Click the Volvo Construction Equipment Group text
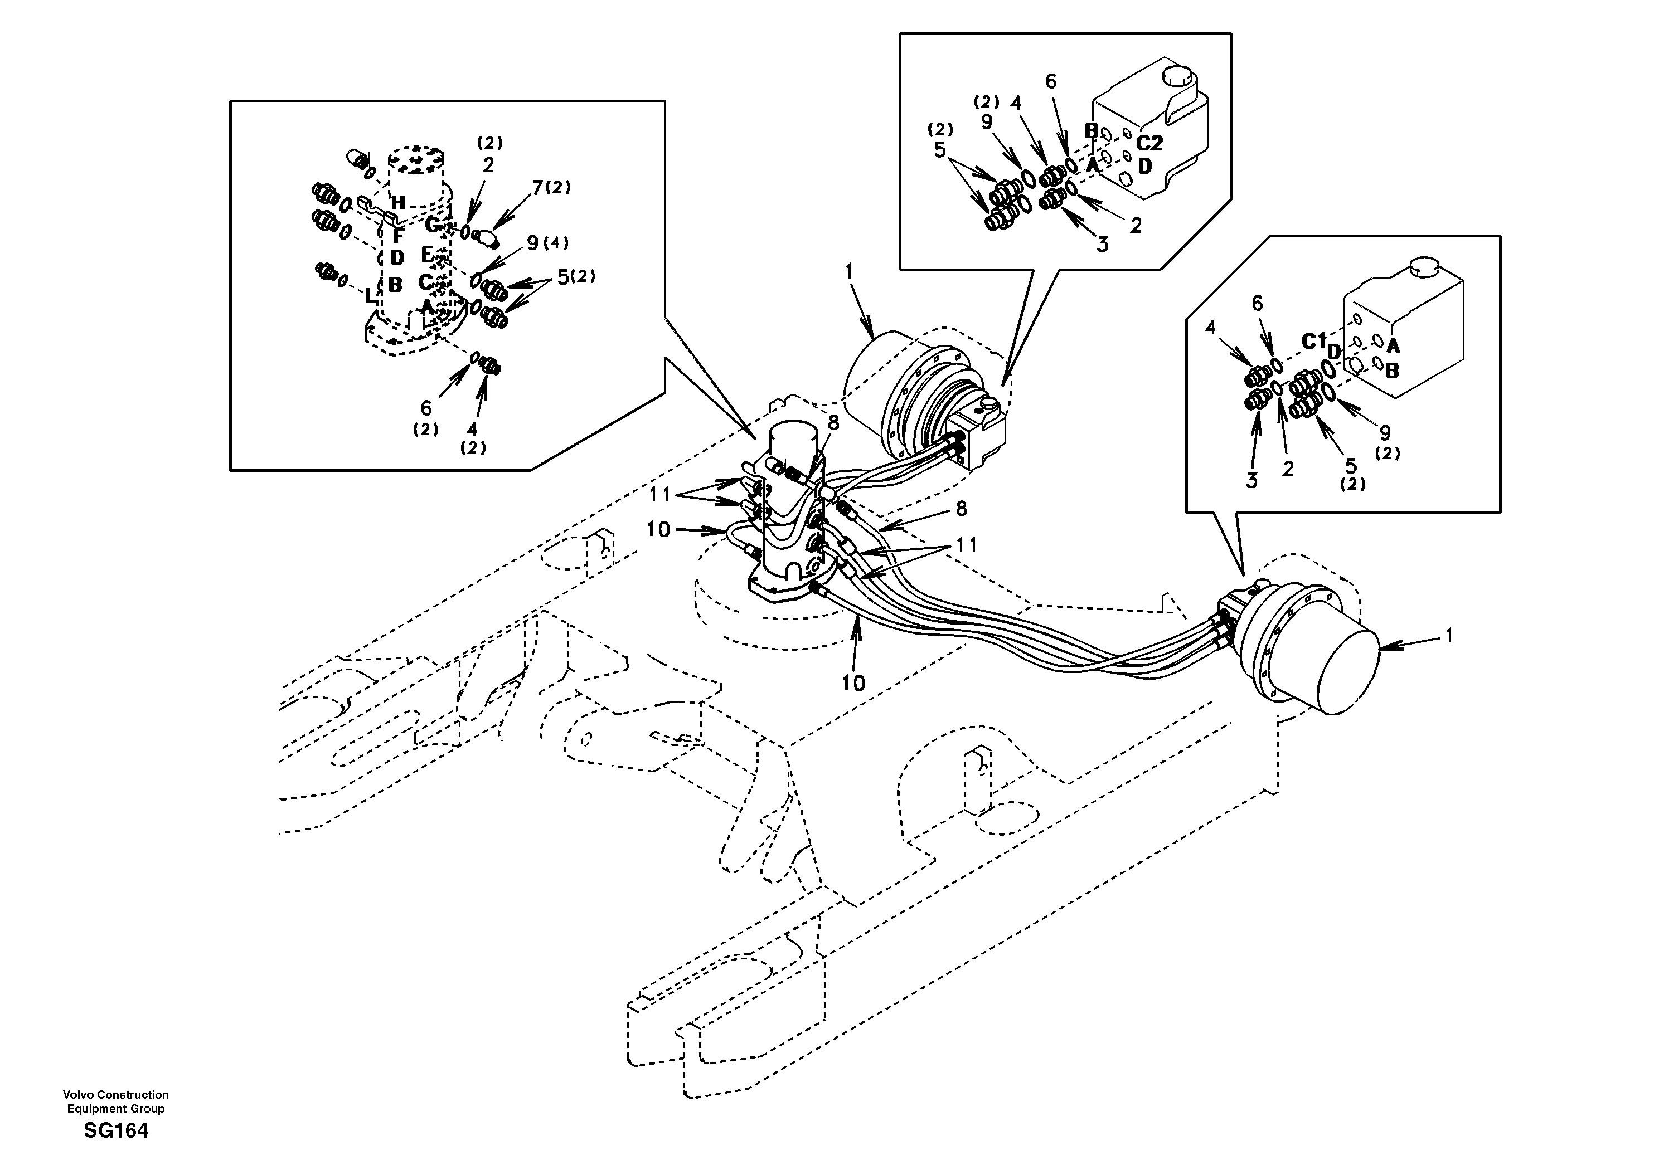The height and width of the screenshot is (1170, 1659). click(x=115, y=1101)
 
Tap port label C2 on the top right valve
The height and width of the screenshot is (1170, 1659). click(x=1149, y=143)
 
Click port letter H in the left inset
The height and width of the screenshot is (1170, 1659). click(x=397, y=204)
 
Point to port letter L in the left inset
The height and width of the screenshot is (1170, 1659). click(x=371, y=295)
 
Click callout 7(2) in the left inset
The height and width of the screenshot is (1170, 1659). click(x=551, y=188)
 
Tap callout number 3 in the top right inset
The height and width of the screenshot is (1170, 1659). click(x=1102, y=245)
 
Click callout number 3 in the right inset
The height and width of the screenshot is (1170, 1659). click(x=1252, y=480)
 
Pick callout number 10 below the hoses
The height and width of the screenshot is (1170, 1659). click(x=853, y=682)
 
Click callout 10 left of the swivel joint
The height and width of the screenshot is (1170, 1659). click(x=658, y=529)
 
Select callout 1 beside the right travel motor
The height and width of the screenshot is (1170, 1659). click(x=1448, y=636)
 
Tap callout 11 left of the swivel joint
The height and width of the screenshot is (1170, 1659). click(x=661, y=495)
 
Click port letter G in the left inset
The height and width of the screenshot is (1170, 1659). click(x=431, y=225)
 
